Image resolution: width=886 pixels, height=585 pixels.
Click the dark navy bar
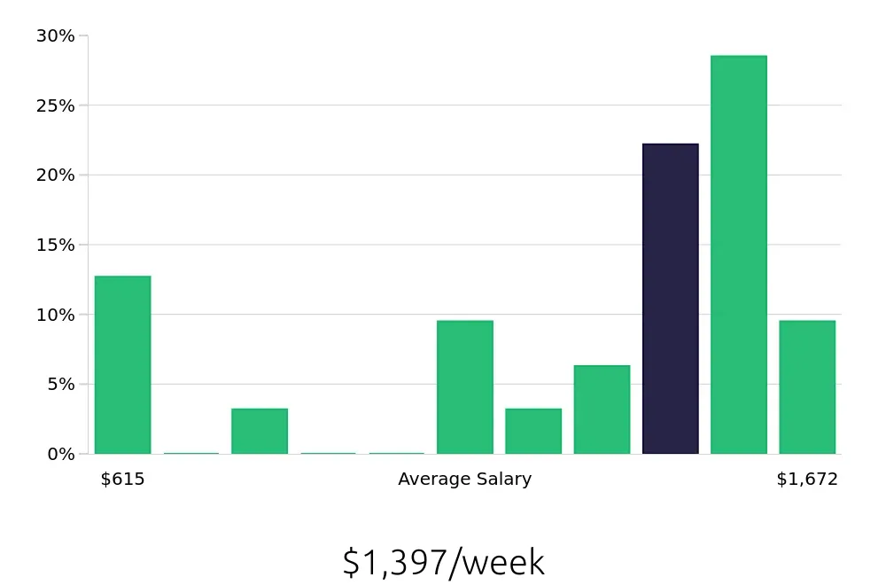tap(670, 299)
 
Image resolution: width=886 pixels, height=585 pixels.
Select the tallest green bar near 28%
tap(738, 255)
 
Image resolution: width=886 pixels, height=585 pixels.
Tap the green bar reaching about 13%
tap(122, 365)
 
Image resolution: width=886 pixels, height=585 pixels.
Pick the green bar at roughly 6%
tap(602, 409)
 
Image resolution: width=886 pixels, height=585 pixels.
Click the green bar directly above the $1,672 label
tap(807, 387)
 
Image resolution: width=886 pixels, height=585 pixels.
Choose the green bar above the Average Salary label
tap(464, 387)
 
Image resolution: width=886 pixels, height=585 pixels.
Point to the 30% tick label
tap(55, 36)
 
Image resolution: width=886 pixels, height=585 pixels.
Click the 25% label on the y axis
tap(55, 106)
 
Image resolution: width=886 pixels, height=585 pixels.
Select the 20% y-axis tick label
tap(55, 175)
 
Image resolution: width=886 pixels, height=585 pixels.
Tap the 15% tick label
tap(55, 246)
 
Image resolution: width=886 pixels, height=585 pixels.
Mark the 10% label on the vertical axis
tap(55, 316)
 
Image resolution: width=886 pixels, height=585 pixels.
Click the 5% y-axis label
tap(59, 385)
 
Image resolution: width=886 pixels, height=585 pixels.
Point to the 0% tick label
tap(59, 455)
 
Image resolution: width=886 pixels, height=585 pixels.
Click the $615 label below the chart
tap(122, 480)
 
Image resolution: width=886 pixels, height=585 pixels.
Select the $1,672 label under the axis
tap(806, 480)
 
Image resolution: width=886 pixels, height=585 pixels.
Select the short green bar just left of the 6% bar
tap(533, 432)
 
